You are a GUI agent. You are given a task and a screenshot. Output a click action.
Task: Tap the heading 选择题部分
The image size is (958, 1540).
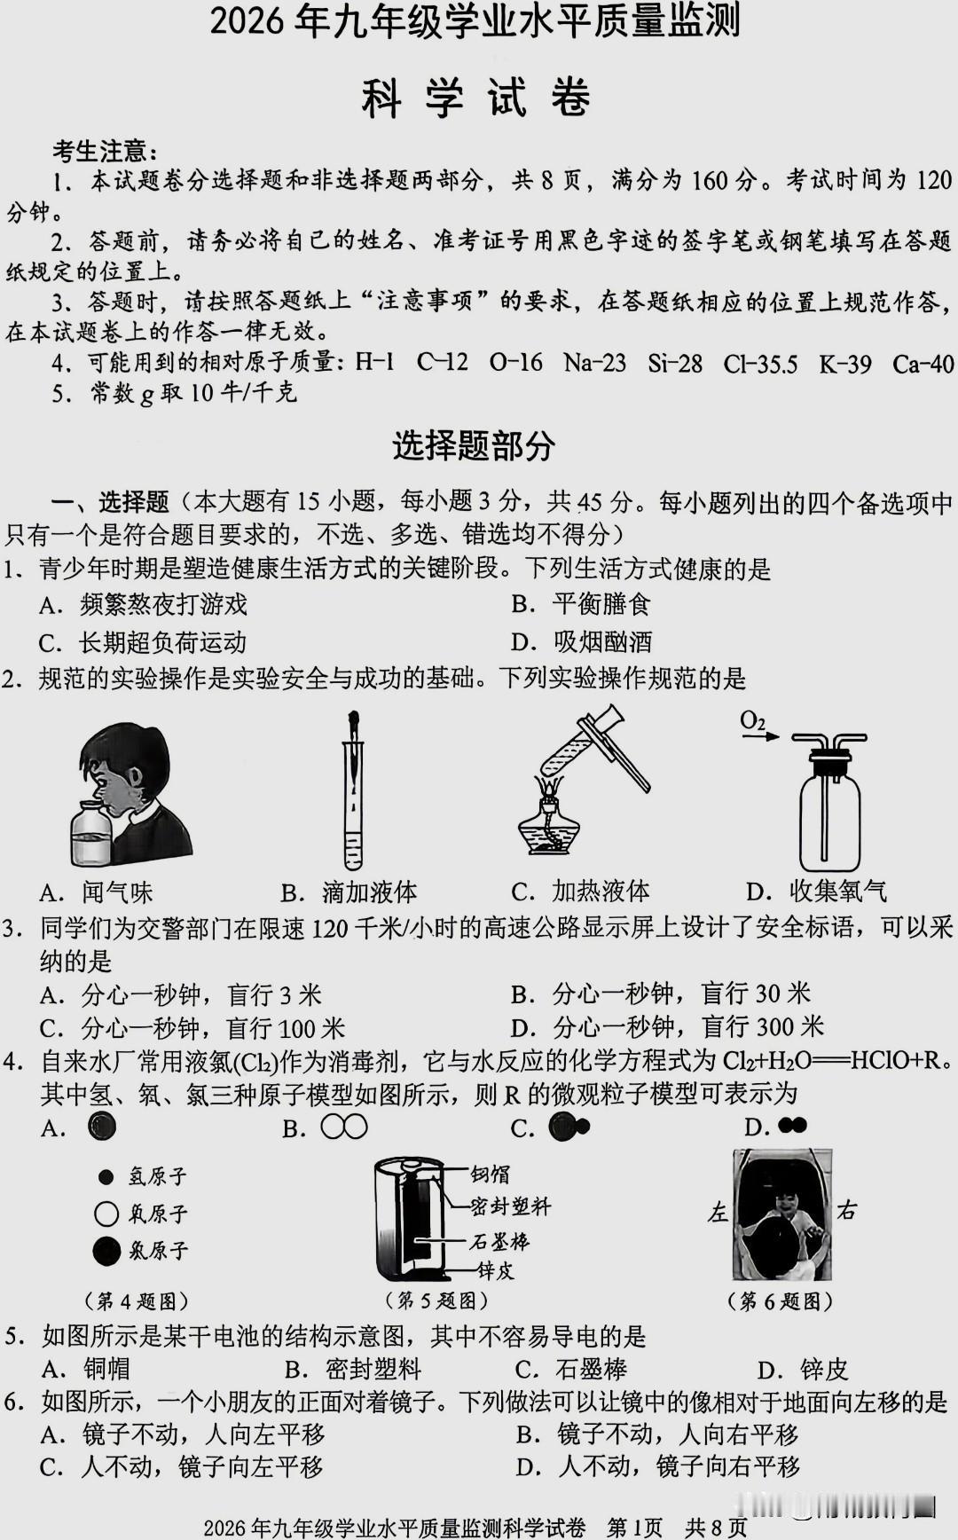coord(474,445)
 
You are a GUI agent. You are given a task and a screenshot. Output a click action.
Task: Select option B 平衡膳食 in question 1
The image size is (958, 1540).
coord(581,604)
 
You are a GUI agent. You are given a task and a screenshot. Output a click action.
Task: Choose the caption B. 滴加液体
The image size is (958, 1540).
coord(349,892)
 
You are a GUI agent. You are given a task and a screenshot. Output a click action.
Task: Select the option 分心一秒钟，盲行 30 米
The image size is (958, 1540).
coord(661,994)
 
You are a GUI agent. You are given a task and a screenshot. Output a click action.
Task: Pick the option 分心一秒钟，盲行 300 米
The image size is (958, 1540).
coord(668,1027)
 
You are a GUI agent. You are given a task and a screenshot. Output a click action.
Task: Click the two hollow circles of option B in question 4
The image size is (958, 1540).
coord(344,1127)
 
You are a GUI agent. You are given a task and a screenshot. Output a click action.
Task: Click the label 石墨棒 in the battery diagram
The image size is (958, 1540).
coord(499,1241)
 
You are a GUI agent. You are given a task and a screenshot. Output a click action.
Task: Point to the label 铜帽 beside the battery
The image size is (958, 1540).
coord(491,1175)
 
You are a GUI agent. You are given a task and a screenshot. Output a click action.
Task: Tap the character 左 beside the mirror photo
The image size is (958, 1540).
coord(717,1212)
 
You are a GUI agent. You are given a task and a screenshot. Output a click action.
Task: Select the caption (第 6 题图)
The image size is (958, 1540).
coord(780,1301)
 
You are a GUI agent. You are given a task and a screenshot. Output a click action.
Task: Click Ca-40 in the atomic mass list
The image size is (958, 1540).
coord(923,364)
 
